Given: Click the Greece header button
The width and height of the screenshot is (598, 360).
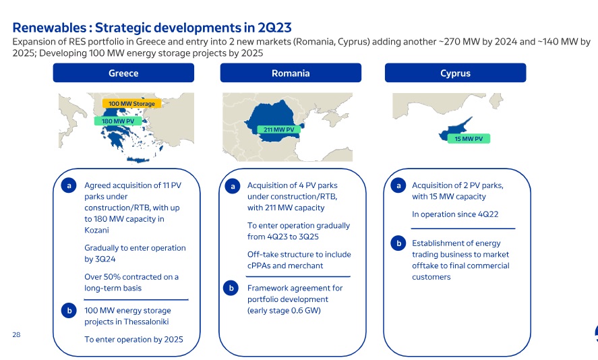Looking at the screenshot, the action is (x=123, y=73).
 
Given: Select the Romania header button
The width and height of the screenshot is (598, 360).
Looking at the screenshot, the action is (x=291, y=73).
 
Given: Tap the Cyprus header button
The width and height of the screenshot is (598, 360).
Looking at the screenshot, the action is (x=455, y=73).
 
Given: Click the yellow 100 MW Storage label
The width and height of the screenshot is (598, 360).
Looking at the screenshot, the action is (x=131, y=103).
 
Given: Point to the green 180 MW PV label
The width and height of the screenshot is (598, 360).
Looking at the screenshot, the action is (x=118, y=121).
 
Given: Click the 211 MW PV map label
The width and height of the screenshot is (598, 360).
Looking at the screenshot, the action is (x=279, y=129).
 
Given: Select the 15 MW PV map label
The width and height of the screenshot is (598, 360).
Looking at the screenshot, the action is (x=469, y=139).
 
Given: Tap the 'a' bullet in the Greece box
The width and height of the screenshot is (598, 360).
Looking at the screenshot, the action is (x=69, y=185).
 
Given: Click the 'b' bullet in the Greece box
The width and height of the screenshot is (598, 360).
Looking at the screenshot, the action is (x=69, y=310).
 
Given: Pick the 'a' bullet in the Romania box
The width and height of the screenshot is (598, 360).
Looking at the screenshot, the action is (x=233, y=187).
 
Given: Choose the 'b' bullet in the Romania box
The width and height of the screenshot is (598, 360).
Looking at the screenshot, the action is (x=231, y=288).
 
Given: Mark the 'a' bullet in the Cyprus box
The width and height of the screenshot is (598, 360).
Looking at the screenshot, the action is (x=398, y=185).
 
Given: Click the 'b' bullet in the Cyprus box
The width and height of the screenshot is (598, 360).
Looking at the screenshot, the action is (x=398, y=243).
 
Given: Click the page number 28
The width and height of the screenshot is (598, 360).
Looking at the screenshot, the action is (x=16, y=335).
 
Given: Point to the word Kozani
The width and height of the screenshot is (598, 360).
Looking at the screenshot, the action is (x=96, y=230).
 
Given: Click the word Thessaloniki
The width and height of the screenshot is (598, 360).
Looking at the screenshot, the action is (x=146, y=322).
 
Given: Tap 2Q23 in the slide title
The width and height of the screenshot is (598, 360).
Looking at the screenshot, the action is (x=274, y=28).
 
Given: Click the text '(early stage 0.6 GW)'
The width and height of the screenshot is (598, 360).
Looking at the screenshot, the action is (x=284, y=310).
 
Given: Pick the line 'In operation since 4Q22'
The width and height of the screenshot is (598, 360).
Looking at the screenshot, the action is (x=455, y=214).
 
